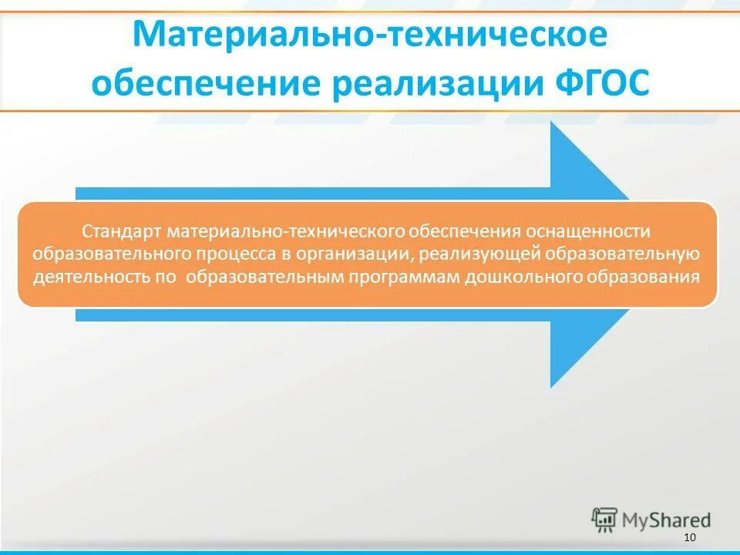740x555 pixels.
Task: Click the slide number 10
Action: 689,537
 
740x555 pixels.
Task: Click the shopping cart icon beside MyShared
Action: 604,520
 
